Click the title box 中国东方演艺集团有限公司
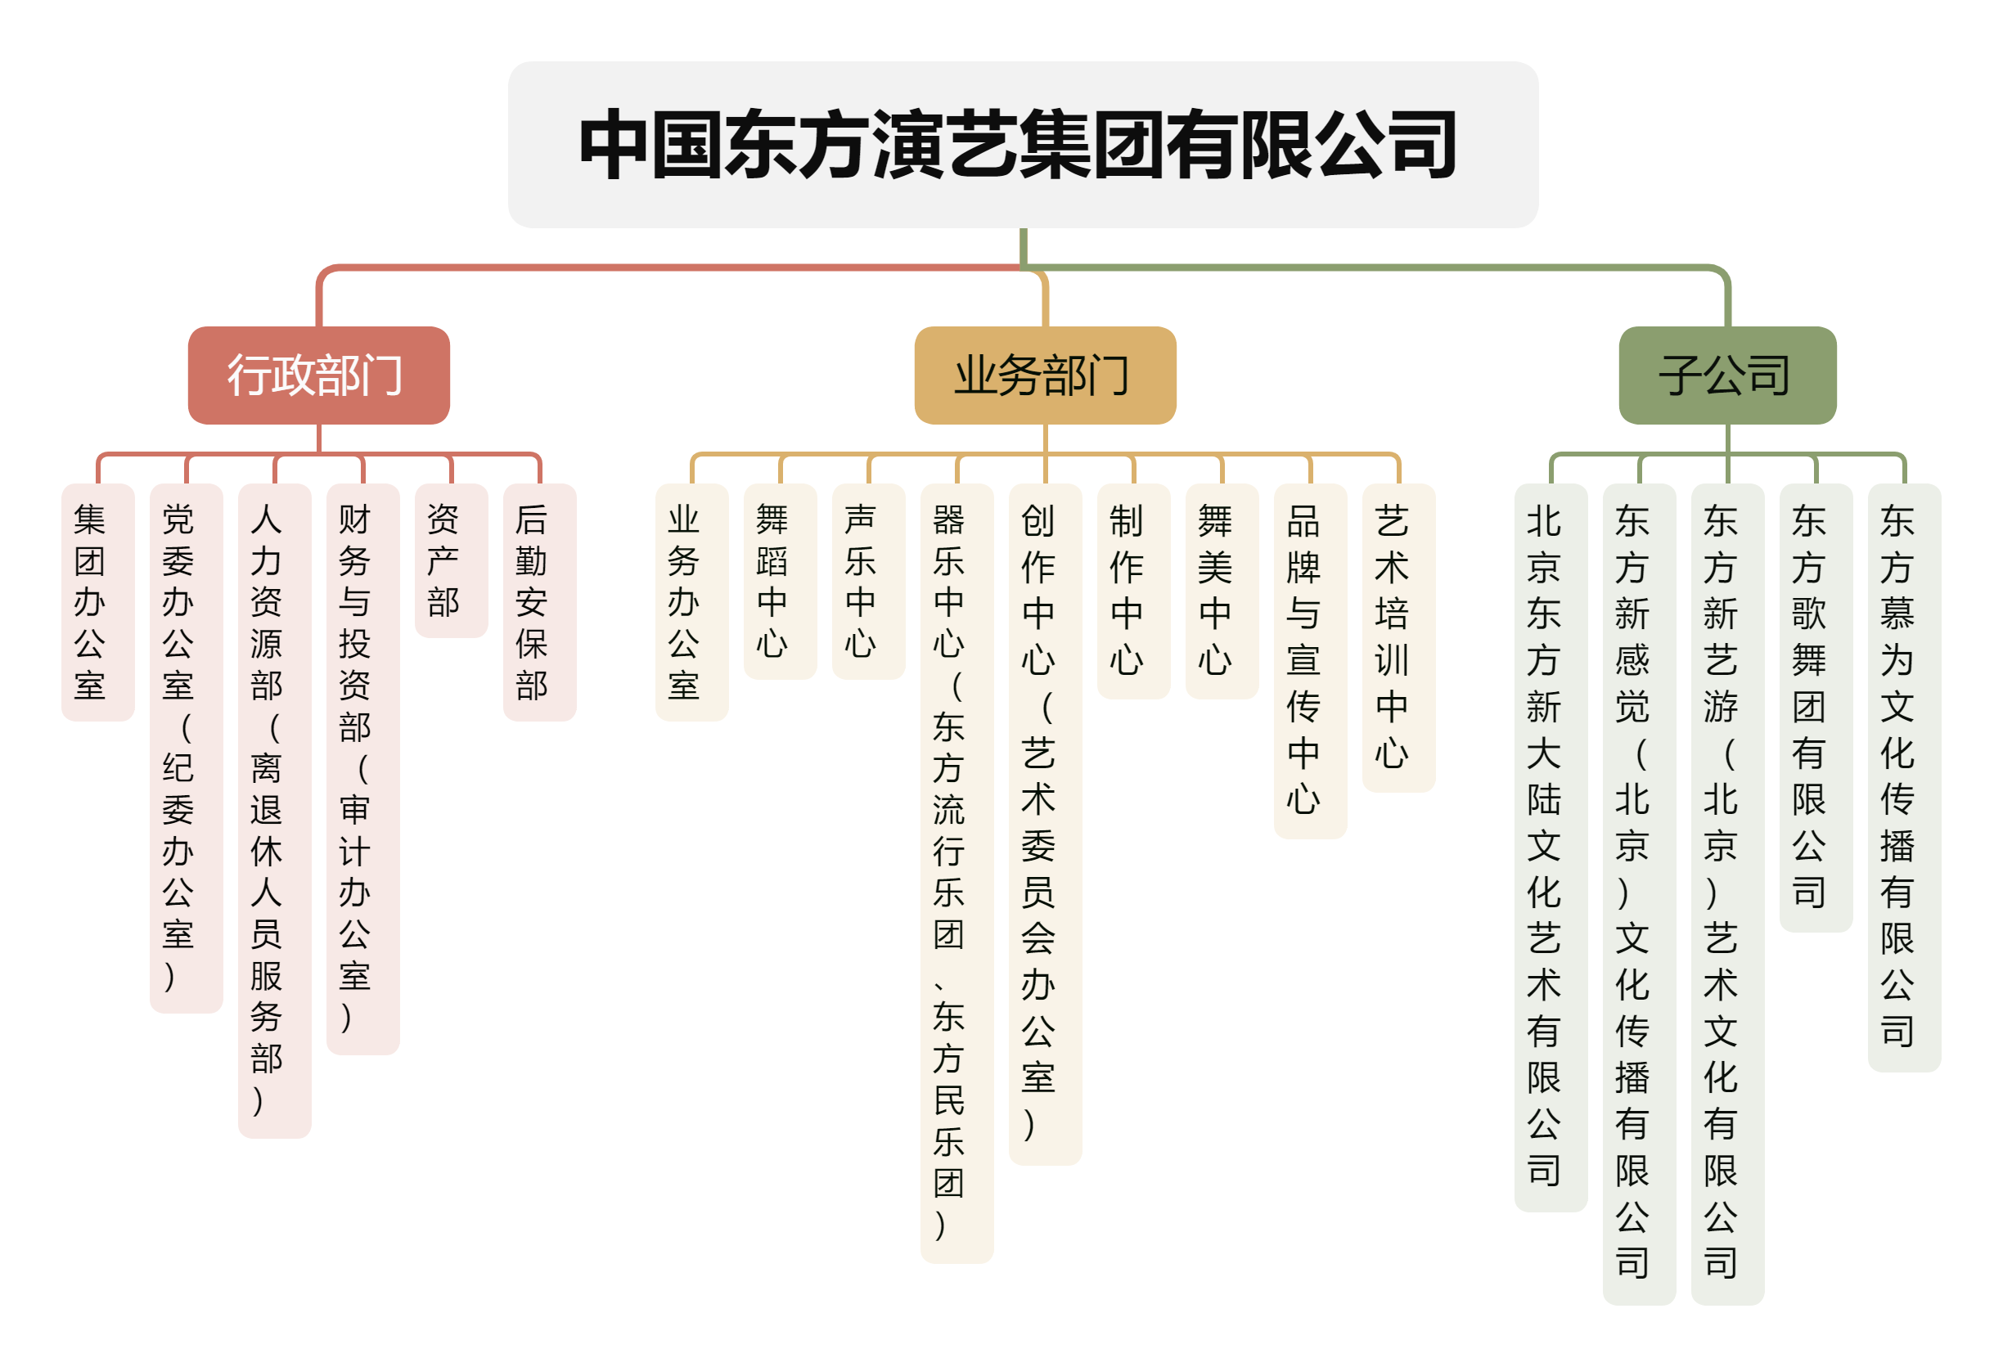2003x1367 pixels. coord(1023,145)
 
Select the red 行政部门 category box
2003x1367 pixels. coord(319,375)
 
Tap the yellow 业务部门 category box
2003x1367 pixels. coord(1045,375)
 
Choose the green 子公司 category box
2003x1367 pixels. coord(1727,375)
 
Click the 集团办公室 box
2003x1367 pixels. coord(98,601)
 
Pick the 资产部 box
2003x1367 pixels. coord(452,560)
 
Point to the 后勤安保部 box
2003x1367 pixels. coord(539,601)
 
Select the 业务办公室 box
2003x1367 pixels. coord(692,601)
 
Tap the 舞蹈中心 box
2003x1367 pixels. coord(780,582)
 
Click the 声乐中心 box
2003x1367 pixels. coord(869,582)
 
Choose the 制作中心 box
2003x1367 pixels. coord(1133,591)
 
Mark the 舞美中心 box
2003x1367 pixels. coord(1222,591)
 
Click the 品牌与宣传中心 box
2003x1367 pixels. coord(1310,661)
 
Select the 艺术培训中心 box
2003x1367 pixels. coord(1399,638)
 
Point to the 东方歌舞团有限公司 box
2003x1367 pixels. coord(1816,708)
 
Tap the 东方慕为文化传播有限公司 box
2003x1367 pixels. coord(1905,777)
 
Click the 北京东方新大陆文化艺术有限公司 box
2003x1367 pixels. coord(1551,848)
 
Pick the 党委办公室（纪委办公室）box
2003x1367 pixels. coord(187,749)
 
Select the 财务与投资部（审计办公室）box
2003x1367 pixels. coord(362,769)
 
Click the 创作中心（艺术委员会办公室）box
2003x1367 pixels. coord(1046,824)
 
